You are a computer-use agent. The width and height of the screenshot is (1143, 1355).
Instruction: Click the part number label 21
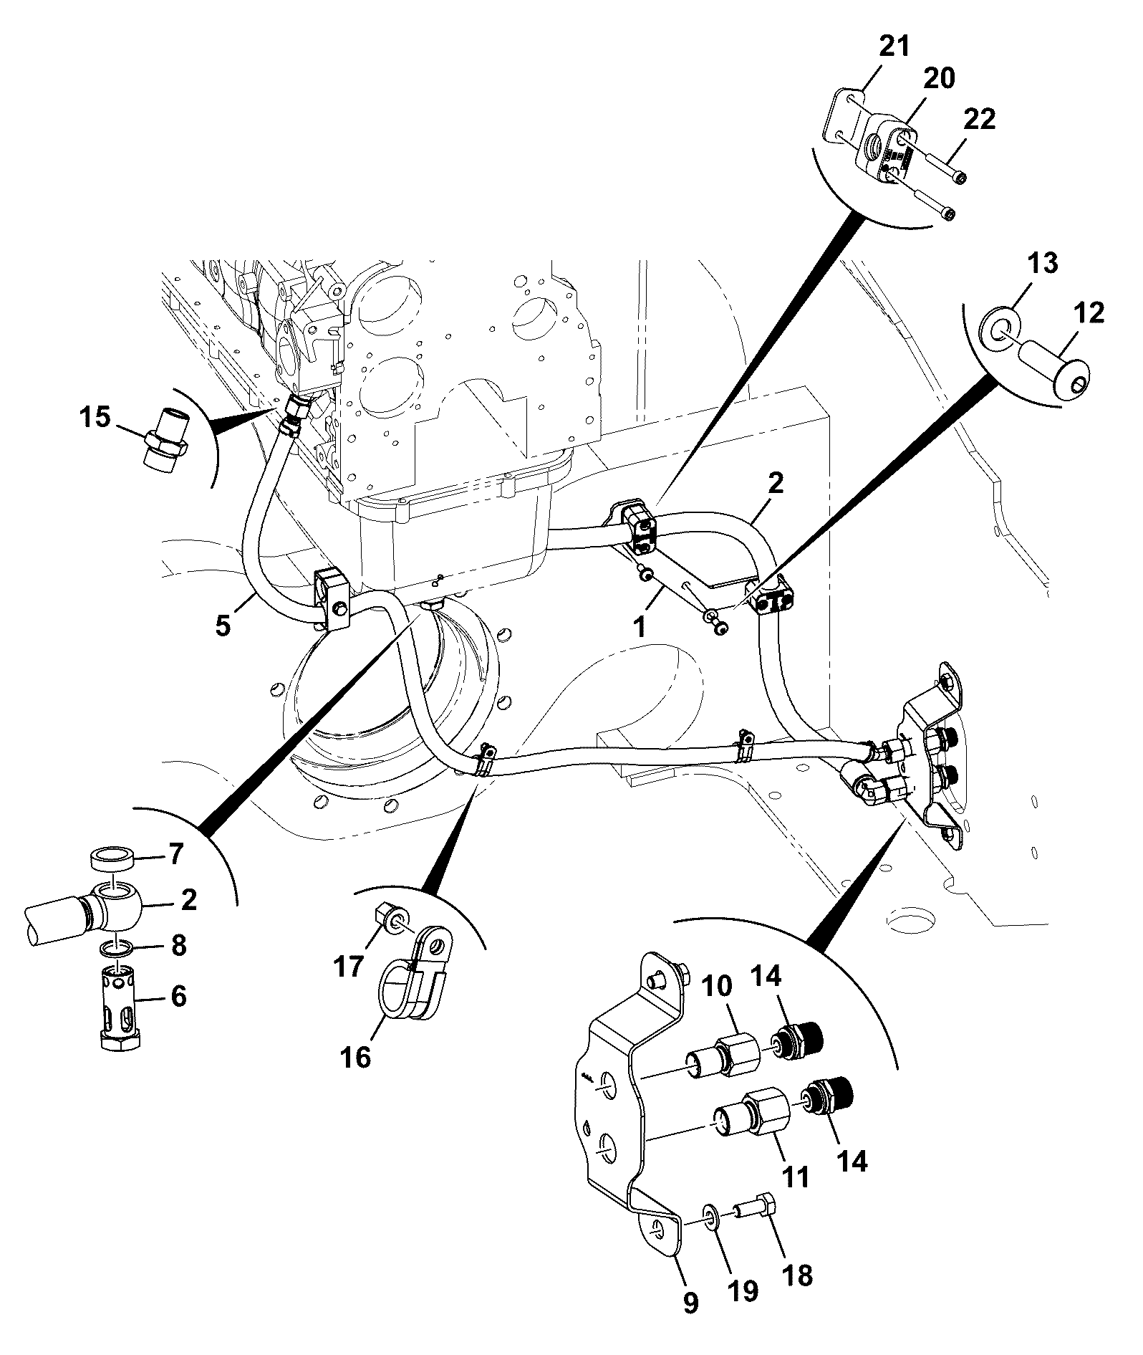[x=894, y=47]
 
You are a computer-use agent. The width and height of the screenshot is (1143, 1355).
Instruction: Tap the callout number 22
[x=979, y=119]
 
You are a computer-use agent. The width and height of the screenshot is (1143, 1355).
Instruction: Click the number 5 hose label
[x=223, y=626]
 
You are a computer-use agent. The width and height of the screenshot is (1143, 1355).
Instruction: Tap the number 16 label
[x=356, y=1056]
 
